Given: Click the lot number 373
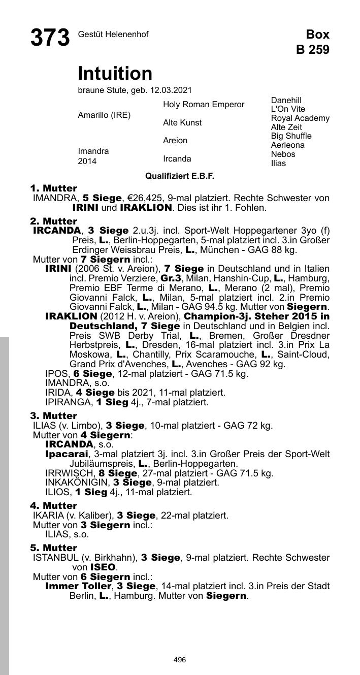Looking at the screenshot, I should coord(50,38).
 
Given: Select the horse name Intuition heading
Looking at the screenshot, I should coord(115,74).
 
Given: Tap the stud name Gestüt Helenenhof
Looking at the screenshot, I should coord(113,35).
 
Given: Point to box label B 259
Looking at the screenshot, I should coord(313,49).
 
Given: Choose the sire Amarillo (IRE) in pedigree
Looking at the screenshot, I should coord(104,115).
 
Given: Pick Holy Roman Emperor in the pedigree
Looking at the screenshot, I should coord(203,105).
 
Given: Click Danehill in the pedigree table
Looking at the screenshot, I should coord(286,101).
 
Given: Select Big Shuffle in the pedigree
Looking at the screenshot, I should coord(291,136).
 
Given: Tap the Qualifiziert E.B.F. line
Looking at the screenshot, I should coord(180,176).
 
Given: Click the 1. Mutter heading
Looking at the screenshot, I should coord(53,188).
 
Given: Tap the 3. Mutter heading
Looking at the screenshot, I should coord(53,416).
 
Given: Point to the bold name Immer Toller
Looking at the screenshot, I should coord(79,586).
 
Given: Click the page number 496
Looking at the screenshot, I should coord(179,660).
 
